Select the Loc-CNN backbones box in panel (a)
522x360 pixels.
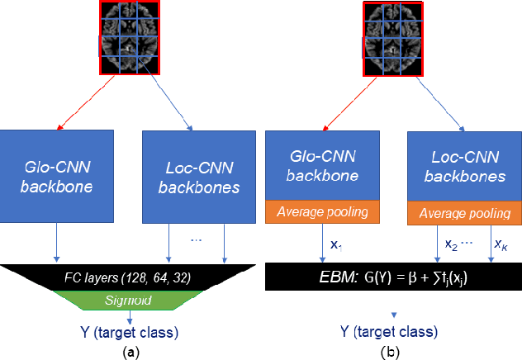(x=192, y=175)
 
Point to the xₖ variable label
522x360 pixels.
(x=501, y=244)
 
